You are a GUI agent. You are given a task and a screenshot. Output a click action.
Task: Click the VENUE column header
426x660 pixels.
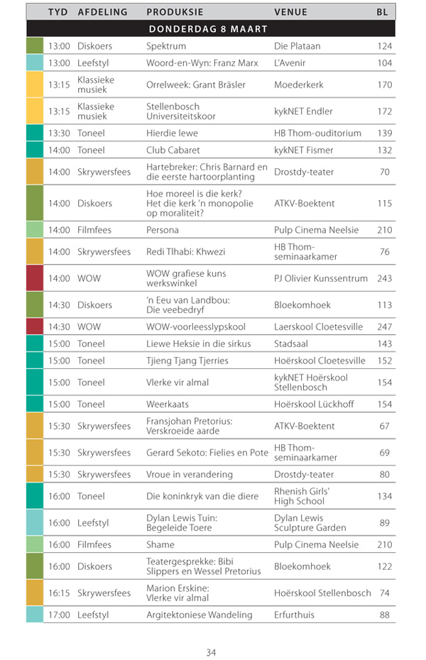[290, 12]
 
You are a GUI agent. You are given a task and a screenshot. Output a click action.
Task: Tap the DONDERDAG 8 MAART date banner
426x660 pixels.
[208, 29]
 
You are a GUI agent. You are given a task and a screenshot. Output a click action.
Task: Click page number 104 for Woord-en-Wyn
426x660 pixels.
[384, 63]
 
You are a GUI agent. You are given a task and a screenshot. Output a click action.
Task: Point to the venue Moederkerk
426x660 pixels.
[298, 84]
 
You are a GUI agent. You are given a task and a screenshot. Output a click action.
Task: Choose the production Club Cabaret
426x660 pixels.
[173, 150]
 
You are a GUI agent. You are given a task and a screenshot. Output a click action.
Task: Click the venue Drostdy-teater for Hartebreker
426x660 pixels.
[304, 172]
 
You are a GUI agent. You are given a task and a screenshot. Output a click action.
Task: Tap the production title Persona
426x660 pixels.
[163, 230]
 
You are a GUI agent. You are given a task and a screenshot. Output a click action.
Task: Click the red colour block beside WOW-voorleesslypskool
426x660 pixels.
[34, 326]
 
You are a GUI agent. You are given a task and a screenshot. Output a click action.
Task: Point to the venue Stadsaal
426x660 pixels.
[292, 343]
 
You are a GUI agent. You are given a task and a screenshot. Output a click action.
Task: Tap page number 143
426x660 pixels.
[384, 343]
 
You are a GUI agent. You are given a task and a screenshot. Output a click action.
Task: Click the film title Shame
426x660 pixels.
[160, 544]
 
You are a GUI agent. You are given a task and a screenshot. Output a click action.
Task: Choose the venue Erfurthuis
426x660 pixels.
[293, 615]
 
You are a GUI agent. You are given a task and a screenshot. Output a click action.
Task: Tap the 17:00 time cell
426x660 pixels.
[59, 615]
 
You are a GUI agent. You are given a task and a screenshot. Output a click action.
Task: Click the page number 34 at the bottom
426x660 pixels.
[211, 653]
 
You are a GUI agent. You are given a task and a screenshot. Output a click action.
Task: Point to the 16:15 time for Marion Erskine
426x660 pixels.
[59, 593]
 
